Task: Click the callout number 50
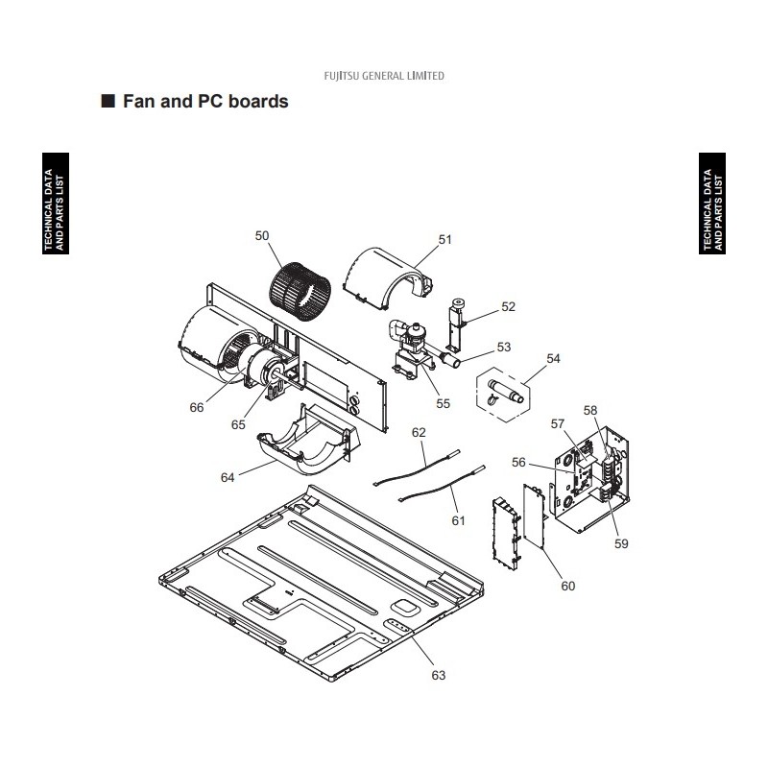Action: tap(262, 235)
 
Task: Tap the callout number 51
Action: tap(444, 239)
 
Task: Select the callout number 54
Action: tap(553, 358)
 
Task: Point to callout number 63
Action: tap(439, 676)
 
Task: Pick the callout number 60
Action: tap(567, 586)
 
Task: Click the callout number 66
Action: tap(197, 407)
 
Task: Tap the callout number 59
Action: tap(621, 543)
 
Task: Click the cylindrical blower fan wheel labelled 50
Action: tap(300, 293)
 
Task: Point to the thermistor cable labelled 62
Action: tap(418, 470)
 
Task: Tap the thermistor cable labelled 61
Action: tap(444, 485)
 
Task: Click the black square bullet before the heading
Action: tap(108, 101)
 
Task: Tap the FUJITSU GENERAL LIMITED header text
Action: tap(384, 76)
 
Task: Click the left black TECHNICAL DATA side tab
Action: tap(56, 204)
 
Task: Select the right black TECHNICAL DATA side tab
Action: tap(712, 204)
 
